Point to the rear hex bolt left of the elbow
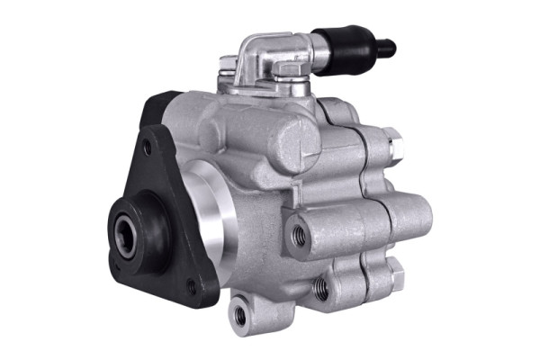click(227, 64)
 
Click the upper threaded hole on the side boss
click(299, 236)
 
